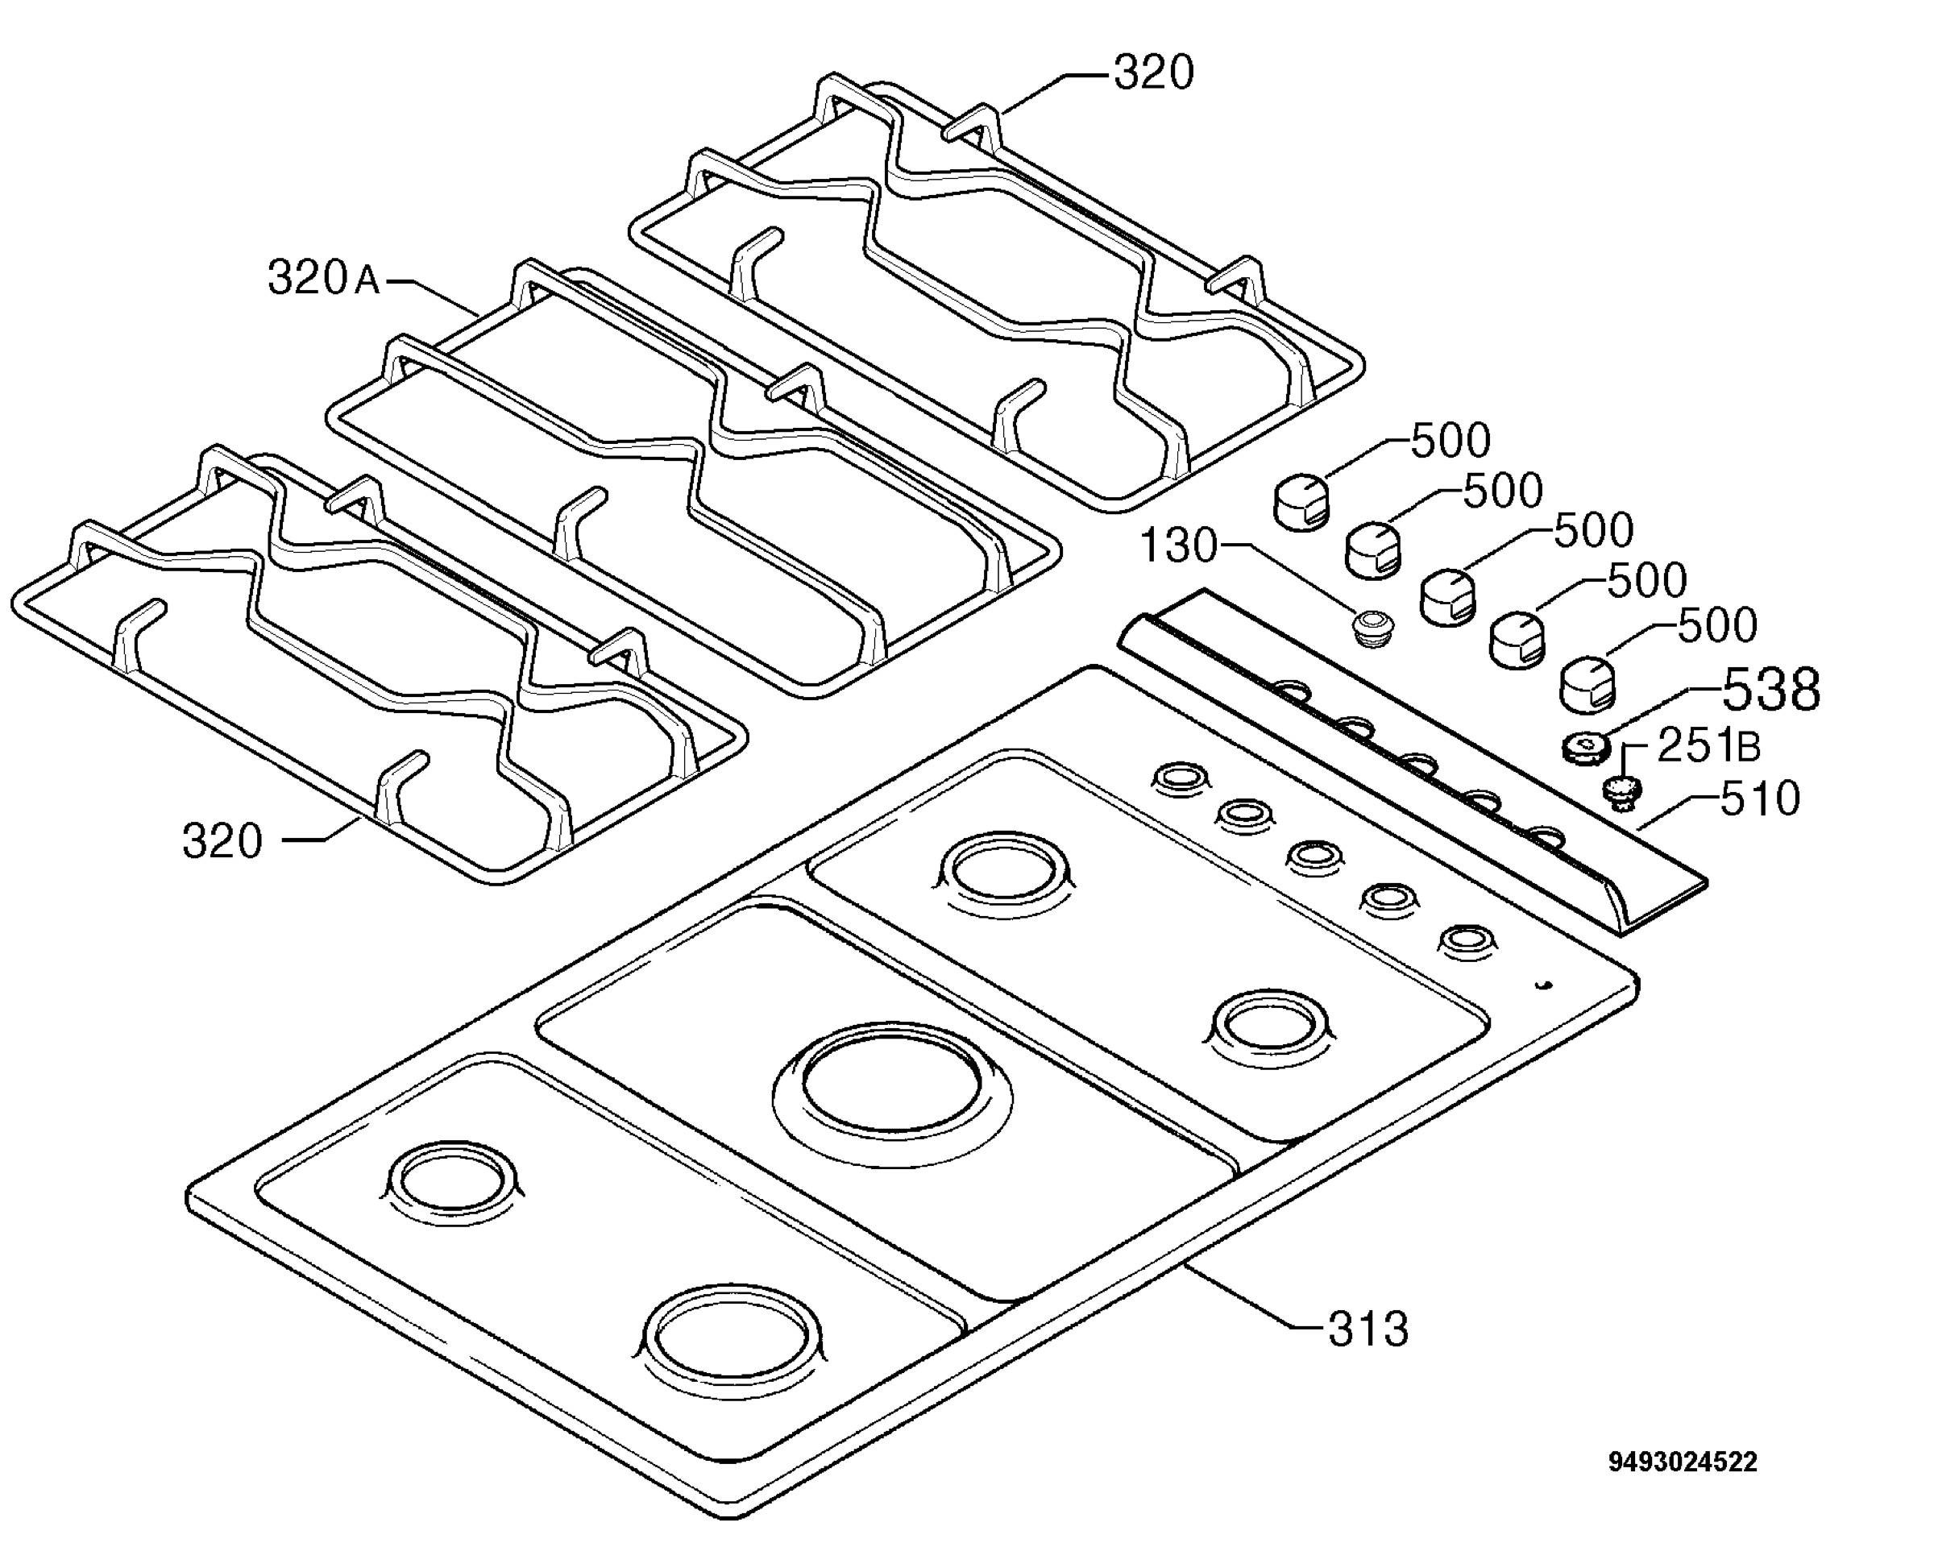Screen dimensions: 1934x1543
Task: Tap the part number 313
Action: click(1368, 1329)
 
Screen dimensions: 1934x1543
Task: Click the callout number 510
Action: click(1760, 798)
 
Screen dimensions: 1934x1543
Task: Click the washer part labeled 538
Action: click(1584, 746)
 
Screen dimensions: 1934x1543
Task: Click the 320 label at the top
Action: click(1154, 73)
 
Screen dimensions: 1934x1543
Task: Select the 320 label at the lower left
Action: click(222, 841)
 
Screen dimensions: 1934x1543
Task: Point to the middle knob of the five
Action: click(1448, 595)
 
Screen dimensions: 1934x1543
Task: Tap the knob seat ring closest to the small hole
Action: click(1468, 939)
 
